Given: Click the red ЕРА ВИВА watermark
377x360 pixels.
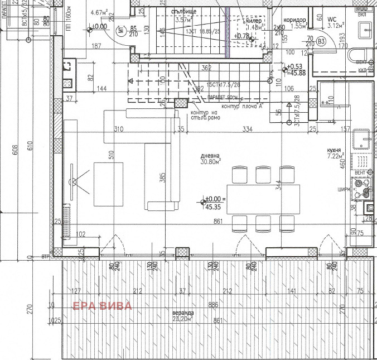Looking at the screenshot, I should coord(103,306).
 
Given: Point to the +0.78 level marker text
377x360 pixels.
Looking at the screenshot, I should coord(242,36).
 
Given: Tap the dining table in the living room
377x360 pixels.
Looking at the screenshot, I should coord(263,199).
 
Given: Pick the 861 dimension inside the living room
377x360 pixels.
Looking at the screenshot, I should coord(218,221).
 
